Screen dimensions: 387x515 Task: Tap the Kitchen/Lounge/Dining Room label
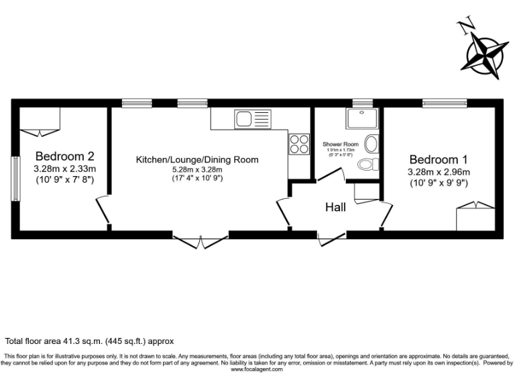point(197,159)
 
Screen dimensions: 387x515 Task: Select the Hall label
point(335,207)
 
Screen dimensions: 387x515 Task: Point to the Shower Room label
point(341,144)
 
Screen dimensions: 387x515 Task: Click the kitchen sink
point(252,120)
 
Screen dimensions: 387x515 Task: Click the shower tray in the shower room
point(362,119)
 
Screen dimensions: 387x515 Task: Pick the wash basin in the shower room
point(372,144)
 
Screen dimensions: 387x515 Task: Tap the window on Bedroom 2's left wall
point(14,178)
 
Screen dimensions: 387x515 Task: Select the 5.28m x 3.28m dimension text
point(197,170)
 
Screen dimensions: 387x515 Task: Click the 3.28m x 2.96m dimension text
point(439,172)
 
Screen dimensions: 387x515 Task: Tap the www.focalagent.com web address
point(257,369)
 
